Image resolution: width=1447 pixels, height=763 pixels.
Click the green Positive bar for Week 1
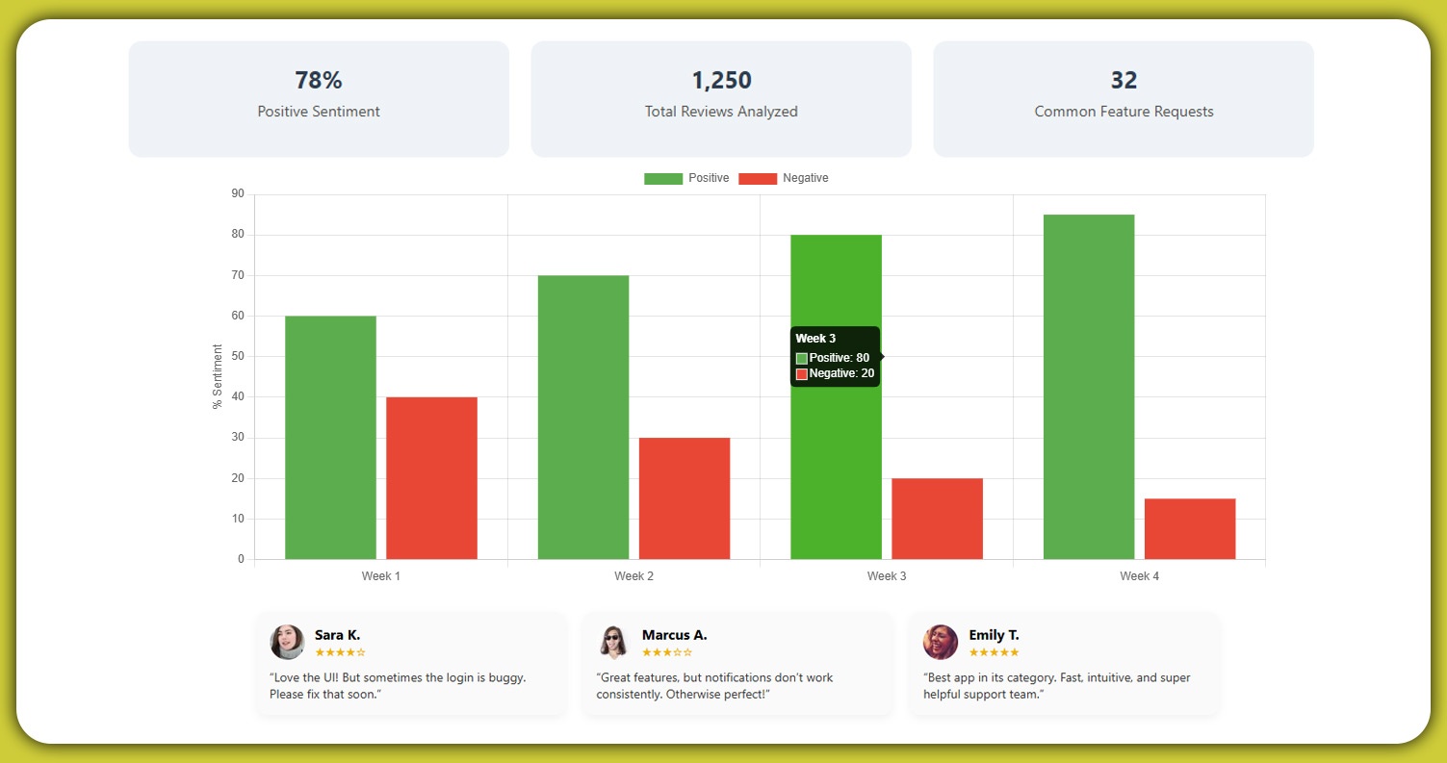point(330,438)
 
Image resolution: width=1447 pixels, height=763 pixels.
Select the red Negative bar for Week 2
point(685,498)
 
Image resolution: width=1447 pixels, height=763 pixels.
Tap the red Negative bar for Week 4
point(1190,528)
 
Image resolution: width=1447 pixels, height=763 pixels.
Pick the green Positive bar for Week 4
point(1089,387)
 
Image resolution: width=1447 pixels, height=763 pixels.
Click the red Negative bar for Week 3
point(937,519)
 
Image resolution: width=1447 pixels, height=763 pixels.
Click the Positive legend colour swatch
point(663,179)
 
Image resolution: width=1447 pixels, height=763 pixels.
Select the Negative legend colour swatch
point(758,179)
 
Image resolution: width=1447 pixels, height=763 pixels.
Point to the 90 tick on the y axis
point(238,194)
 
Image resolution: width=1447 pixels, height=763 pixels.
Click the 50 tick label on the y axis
point(238,357)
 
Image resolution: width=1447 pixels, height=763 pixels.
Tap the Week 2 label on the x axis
point(633,576)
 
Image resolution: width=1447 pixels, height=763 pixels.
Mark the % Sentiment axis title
point(218,376)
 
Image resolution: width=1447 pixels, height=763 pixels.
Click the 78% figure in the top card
point(319,80)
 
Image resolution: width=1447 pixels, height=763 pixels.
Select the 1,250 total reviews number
point(721,80)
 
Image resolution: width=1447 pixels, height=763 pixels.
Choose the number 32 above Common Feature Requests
point(1124,80)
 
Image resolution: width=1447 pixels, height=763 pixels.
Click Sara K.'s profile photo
point(287,642)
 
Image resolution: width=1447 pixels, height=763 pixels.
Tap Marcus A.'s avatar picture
point(613,642)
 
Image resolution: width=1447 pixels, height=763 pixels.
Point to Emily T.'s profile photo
point(941,642)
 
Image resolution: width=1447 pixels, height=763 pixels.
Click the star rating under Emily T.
point(994,652)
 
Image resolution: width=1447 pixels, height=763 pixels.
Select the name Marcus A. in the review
point(674,635)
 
